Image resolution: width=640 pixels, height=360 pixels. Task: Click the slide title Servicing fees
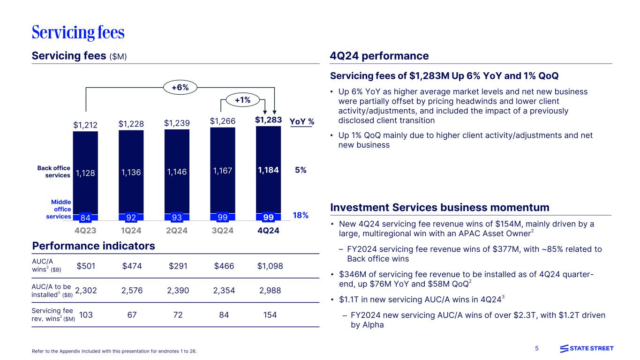pyautogui.click(x=78, y=32)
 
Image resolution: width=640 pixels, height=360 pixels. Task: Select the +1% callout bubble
pyautogui.click(x=242, y=99)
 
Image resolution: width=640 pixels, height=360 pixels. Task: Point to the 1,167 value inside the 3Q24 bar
pyautogui.click(x=223, y=171)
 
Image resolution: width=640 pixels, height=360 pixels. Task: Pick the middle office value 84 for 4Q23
pyautogui.click(x=86, y=217)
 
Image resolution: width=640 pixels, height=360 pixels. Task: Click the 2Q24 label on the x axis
pyautogui.click(x=177, y=231)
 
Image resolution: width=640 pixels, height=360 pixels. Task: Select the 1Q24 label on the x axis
pyautogui.click(x=131, y=231)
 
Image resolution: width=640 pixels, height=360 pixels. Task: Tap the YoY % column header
pyautogui.click(x=301, y=122)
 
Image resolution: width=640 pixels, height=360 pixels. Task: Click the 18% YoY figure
pyautogui.click(x=300, y=215)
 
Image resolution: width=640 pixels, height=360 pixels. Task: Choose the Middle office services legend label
pyautogui.click(x=59, y=209)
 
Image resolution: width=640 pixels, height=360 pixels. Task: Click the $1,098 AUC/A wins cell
pyautogui.click(x=270, y=266)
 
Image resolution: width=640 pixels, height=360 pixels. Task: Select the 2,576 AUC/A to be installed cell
pyautogui.click(x=132, y=290)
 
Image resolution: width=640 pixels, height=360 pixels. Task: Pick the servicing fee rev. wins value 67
pyautogui.click(x=132, y=315)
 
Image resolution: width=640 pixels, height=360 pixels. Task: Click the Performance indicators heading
pyautogui.click(x=93, y=246)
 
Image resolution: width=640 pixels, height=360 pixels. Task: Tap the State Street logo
pyautogui.click(x=587, y=348)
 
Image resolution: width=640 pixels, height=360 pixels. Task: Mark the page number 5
pyautogui.click(x=537, y=348)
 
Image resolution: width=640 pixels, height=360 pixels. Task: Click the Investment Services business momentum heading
pyautogui.click(x=440, y=207)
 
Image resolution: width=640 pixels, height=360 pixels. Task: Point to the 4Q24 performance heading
pyautogui.click(x=379, y=56)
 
